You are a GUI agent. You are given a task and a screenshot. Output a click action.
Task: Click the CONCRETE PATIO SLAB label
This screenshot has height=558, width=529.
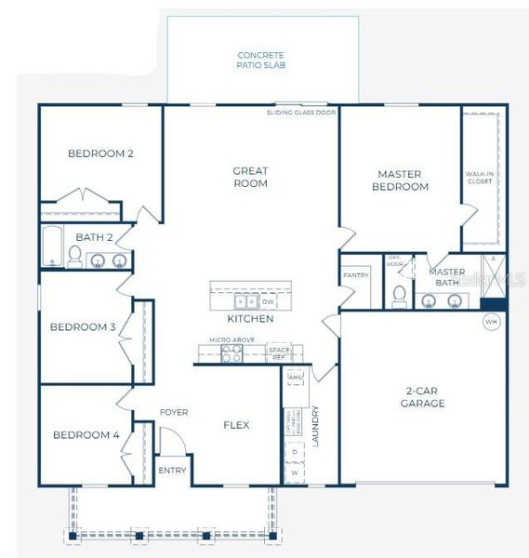(260, 60)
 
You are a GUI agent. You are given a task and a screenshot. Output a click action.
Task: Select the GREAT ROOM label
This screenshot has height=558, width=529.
(250, 177)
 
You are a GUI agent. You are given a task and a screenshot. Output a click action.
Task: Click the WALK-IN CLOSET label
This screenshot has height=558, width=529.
(480, 178)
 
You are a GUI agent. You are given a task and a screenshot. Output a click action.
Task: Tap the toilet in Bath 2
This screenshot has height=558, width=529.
(73, 259)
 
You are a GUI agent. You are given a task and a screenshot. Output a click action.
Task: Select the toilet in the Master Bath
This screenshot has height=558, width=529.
(400, 295)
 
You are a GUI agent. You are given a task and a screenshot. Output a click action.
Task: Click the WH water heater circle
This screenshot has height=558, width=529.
(490, 322)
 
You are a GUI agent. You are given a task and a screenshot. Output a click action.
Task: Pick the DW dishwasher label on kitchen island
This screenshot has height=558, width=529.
(268, 302)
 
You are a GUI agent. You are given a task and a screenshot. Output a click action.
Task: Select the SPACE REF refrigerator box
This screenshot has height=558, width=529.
(278, 353)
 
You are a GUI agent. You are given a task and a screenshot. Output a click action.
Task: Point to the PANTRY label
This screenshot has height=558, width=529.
(356, 275)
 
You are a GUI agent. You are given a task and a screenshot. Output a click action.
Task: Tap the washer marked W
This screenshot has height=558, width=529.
(295, 472)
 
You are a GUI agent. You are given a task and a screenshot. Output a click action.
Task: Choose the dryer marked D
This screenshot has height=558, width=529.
(295, 451)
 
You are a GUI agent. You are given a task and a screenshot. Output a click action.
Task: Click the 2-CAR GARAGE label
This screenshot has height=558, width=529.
(423, 397)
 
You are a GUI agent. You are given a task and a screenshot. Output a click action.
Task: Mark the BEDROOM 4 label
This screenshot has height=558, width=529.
(86, 434)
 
